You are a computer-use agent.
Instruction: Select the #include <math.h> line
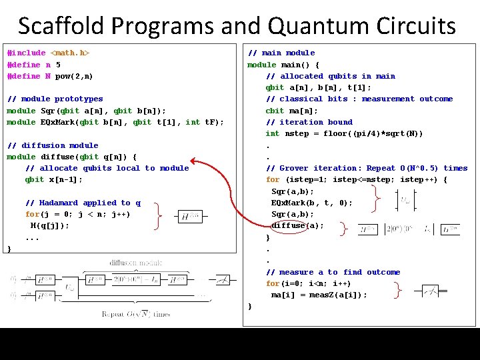(x=48, y=53)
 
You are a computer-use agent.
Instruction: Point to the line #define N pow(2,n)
(x=50, y=76)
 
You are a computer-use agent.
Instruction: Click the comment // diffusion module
(x=52, y=145)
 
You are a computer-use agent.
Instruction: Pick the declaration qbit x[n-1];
(x=54, y=180)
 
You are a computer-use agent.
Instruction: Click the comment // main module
(x=281, y=53)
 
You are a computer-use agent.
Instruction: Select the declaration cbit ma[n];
(x=292, y=111)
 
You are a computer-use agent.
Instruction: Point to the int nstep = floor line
(x=344, y=134)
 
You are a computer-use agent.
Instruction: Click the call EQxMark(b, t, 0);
(x=311, y=203)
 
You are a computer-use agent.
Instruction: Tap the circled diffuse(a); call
(x=297, y=225)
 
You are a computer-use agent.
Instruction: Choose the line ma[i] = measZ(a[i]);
(x=319, y=295)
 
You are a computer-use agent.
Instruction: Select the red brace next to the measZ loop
(x=397, y=289)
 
